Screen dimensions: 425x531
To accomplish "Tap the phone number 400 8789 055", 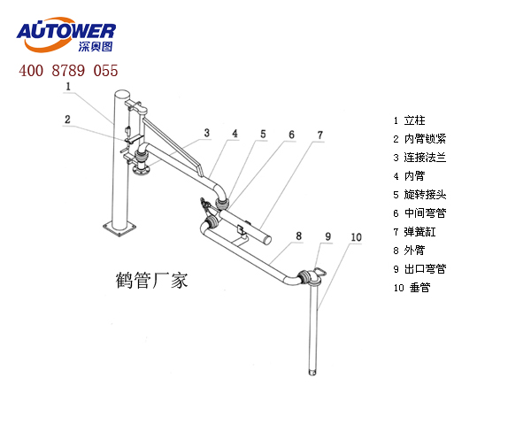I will click(67, 70).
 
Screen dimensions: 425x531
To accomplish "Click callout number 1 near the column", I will click(67, 86).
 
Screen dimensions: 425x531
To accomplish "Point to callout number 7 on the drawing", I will click(320, 135).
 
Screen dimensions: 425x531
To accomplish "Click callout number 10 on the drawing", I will click(356, 236).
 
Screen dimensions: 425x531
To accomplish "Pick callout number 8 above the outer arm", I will click(299, 236).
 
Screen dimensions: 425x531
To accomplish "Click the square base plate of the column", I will click(119, 231).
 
